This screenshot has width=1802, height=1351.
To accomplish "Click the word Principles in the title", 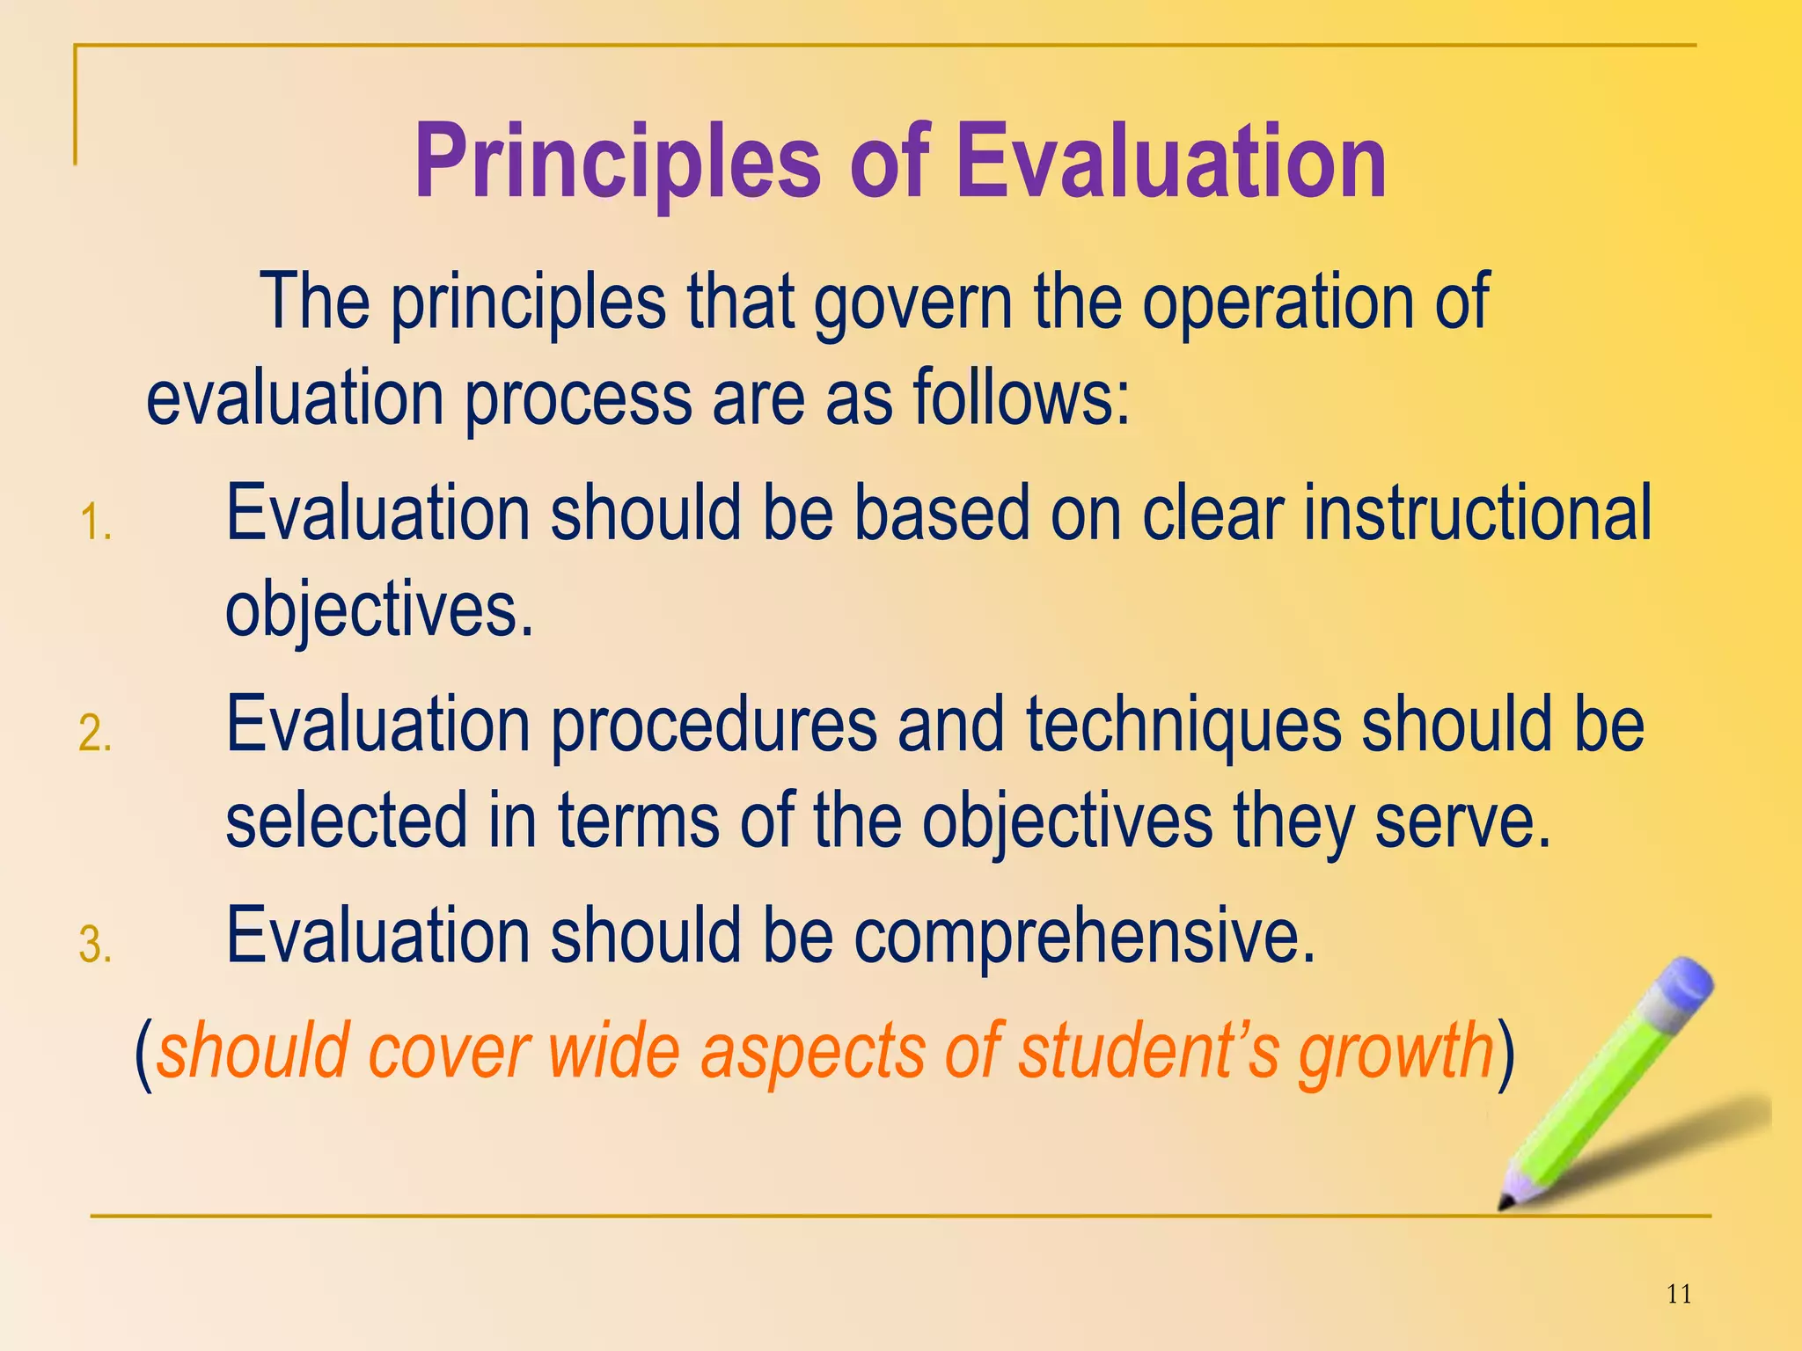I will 616,163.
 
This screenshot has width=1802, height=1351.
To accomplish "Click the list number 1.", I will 95,522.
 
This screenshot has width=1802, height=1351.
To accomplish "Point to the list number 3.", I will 95,945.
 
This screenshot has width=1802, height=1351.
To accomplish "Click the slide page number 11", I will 1679,1294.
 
